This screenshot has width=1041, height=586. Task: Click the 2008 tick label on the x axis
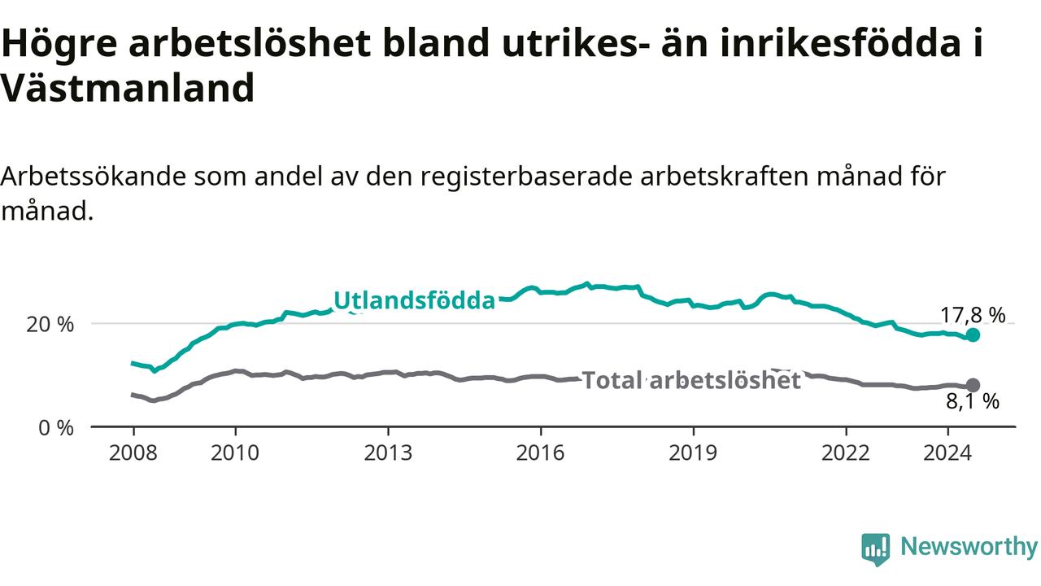coord(133,453)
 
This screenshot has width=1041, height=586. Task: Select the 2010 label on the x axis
coord(235,453)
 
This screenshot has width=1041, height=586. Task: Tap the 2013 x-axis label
coord(388,453)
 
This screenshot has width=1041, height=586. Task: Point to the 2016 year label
coord(540,453)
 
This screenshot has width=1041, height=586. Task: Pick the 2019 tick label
coord(693,453)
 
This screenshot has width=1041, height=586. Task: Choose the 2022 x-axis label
coord(846,453)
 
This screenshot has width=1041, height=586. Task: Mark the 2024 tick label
coord(947,453)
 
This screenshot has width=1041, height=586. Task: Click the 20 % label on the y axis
coord(50,325)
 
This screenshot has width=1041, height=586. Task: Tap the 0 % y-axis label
coord(56,428)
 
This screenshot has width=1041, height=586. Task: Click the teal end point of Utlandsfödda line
coord(973,335)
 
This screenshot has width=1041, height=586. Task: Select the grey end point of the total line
coord(973,385)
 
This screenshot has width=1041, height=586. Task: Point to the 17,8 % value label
coord(973,315)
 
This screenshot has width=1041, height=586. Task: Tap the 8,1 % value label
coord(973,401)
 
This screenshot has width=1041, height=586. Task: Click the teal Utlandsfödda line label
coord(415,300)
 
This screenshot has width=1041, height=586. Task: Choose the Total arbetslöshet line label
coord(691,380)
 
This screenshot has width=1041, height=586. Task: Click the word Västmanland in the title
coord(128,88)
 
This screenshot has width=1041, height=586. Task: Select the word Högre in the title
coord(59,44)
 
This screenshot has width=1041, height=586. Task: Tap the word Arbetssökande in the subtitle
coord(93,177)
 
